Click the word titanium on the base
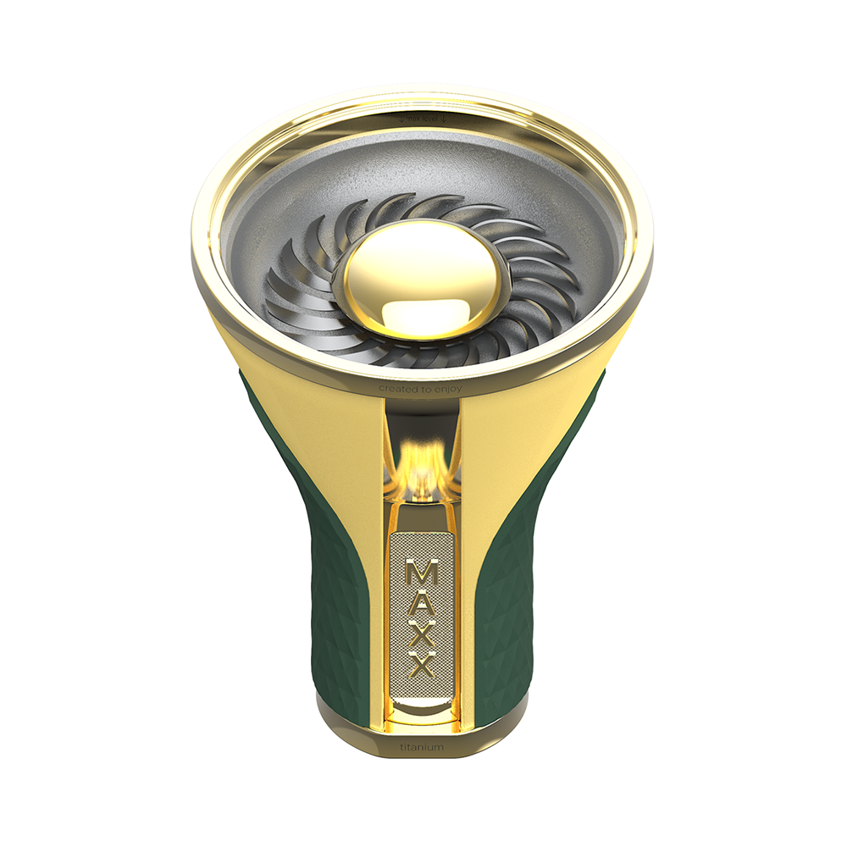coord(421,749)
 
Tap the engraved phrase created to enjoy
coord(422,388)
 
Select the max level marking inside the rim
coord(422,119)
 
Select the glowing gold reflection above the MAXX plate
coord(421,462)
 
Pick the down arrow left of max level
coord(401,119)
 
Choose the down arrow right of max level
coord(444,119)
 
